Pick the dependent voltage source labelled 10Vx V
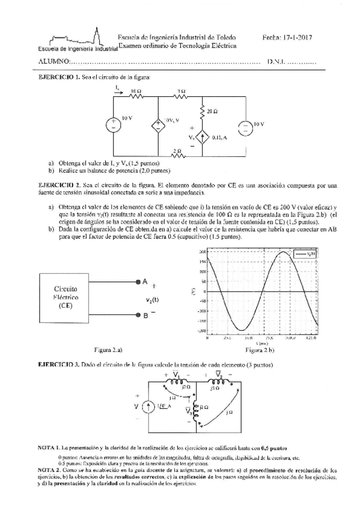point(159,125)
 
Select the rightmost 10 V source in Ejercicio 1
point(247,125)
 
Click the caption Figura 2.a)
point(108,349)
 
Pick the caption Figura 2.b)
point(260,349)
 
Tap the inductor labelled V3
point(196,411)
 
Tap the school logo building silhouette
point(98,36)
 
